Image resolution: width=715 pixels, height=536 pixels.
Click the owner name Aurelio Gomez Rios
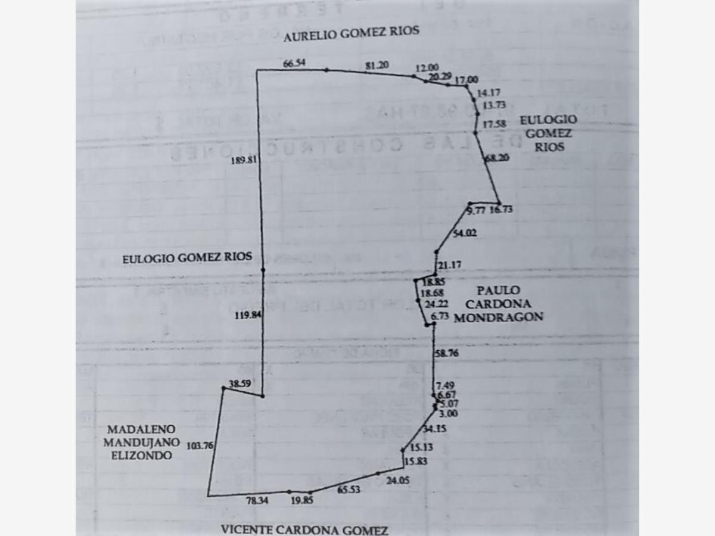pyautogui.click(x=351, y=33)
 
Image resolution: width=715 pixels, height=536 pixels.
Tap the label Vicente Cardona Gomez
pyautogui.click(x=304, y=529)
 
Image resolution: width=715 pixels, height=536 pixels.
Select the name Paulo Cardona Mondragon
pyautogui.click(x=498, y=304)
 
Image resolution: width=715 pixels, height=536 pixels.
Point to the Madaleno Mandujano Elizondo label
pyautogui.click(x=140, y=442)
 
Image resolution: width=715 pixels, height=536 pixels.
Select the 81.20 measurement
pyautogui.click(x=377, y=65)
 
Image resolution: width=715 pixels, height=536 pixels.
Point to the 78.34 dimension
pyautogui.click(x=257, y=501)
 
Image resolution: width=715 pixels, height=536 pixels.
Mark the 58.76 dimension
pyautogui.click(x=447, y=353)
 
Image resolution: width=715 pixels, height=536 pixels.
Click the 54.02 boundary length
pyautogui.click(x=465, y=233)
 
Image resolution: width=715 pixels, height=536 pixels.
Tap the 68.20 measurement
pyautogui.click(x=497, y=158)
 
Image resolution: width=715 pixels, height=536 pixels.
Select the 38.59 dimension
pyautogui.click(x=240, y=384)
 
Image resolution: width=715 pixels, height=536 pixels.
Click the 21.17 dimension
pyautogui.click(x=449, y=265)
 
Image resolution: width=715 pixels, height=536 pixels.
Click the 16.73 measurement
pyautogui.click(x=501, y=210)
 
